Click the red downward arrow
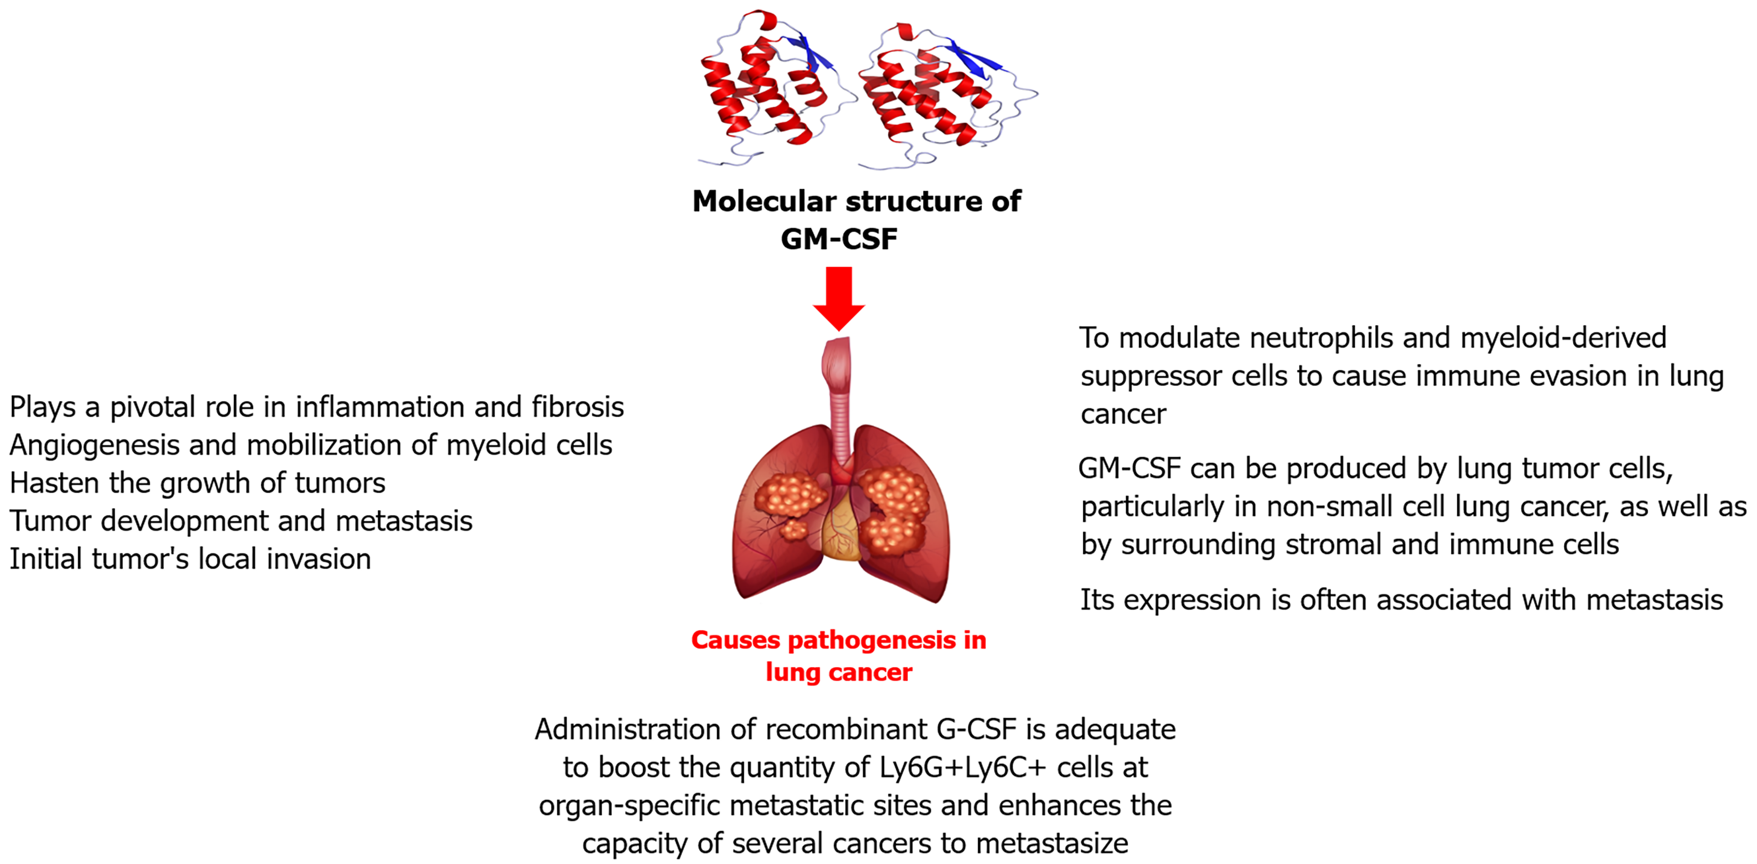[x=839, y=299]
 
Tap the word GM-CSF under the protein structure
[x=839, y=239]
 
